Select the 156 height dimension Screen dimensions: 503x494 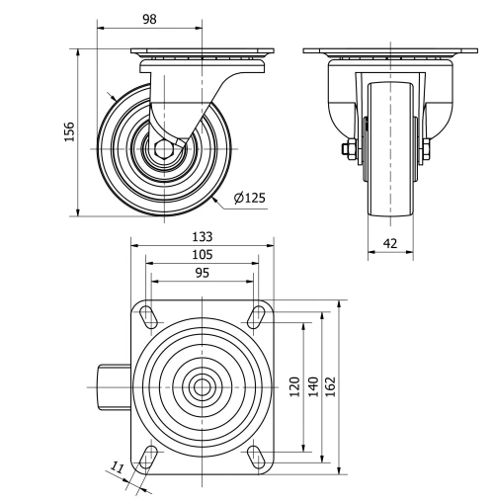(x=68, y=132)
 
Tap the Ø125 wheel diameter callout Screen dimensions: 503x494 (x=250, y=198)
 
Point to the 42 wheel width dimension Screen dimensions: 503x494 (x=389, y=242)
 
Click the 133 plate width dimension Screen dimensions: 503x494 (x=202, y=237)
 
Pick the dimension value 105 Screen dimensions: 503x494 (x=202, y=254)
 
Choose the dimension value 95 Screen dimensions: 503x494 (x=202, y=272)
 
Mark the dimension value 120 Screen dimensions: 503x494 (x=293, y=386)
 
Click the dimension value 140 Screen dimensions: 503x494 (x=312, y=386)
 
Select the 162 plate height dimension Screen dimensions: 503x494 (x=331, y=386)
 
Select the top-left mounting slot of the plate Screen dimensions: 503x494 (x=149, y=316)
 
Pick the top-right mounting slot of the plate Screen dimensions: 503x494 (x=255, y=316)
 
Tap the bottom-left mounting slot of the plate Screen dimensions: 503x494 (x=149, y=455)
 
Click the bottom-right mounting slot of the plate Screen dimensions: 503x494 (x=255, y=455)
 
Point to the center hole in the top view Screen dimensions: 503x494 (x=202, y=385)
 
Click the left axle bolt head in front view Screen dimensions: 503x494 (x=348, y=150)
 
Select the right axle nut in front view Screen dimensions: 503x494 (x=428, y=150)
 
